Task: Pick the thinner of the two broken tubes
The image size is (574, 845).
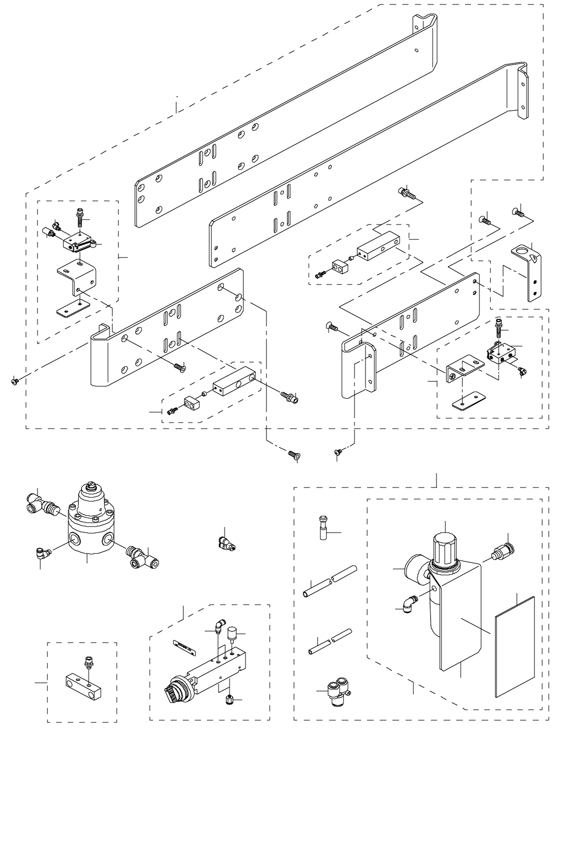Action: point(330,641)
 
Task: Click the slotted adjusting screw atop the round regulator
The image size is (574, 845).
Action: point(90,486)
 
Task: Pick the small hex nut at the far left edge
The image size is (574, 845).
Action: point(14,381)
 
